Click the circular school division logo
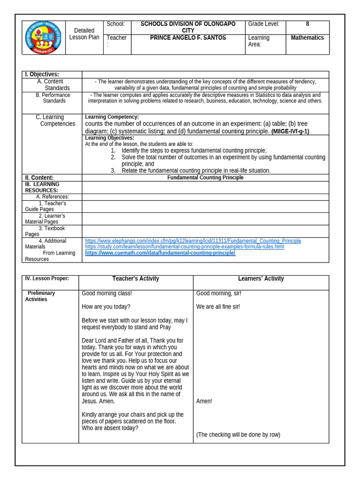click(x=43, y=37)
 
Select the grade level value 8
click(x=307, y=24)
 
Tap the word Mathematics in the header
click(x=307, y=37)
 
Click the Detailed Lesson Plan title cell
click(x=84, y=34)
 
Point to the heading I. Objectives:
click(x=42, y=74)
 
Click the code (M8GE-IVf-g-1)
click(x=290, y=131)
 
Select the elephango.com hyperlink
click(x=193, y=241)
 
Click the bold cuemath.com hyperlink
click(x=160, y=253)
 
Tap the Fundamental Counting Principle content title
click(x=205, y=178)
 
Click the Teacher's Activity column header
click(x=135, y=278)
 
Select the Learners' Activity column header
click(x=261, y=278)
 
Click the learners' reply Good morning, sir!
click(x=218, y=293)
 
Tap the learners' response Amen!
click(x=204, y=401)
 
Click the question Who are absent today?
click(x=110, y=428)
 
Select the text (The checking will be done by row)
click(x=238, y=435)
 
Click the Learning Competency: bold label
click(x=112, y=117)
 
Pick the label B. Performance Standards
click(x=53, y=97)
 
